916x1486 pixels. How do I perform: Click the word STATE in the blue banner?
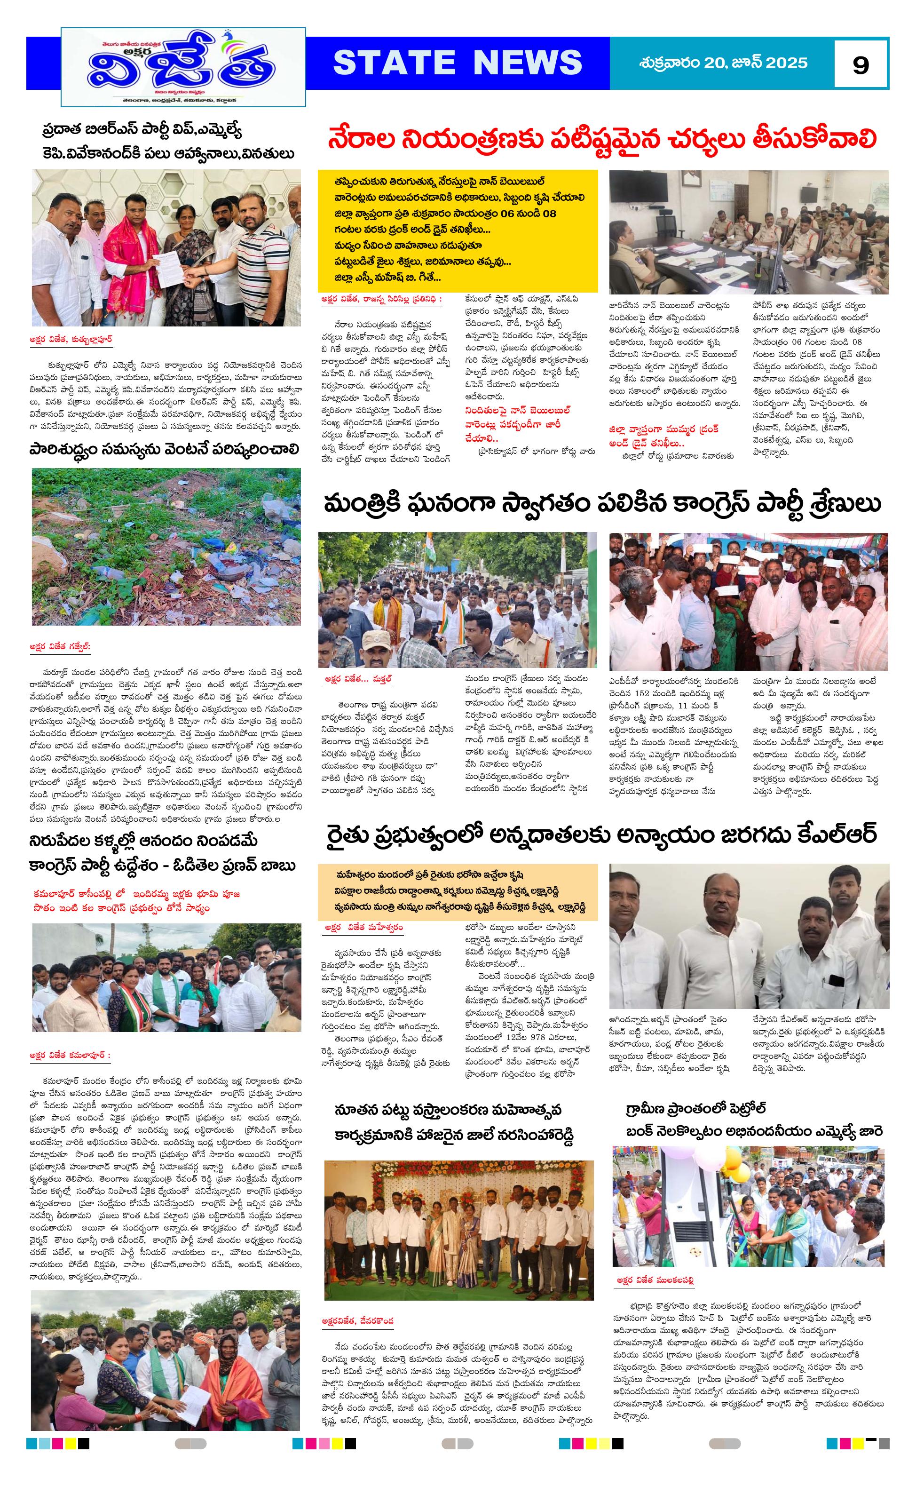pos(394,63)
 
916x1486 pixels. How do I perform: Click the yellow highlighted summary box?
pos(458,231)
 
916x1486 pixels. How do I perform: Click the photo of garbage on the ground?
pos(166,546)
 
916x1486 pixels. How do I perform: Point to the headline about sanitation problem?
pos(164,450)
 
